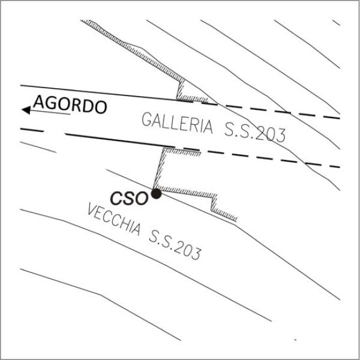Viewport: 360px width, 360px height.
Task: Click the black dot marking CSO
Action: [156, 194]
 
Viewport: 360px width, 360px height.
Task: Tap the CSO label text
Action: [129, 199]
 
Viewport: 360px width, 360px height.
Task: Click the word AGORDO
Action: [70, 104]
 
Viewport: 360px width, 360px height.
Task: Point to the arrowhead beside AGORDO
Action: [26, 110]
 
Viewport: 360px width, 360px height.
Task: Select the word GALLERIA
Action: [177, 122]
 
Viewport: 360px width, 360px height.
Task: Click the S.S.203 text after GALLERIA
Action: [255, 133]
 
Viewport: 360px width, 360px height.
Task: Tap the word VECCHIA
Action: [114, 220]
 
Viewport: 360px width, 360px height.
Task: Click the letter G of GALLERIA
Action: [147, 119]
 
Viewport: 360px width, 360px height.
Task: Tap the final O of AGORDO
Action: [101, 107]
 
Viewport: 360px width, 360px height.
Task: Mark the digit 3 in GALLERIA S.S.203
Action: [281, 136]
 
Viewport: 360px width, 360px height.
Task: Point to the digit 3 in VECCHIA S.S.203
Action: [197, 253]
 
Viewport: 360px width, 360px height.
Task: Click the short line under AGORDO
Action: [50, 112]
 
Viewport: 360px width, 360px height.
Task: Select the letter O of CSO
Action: [142, 199]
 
